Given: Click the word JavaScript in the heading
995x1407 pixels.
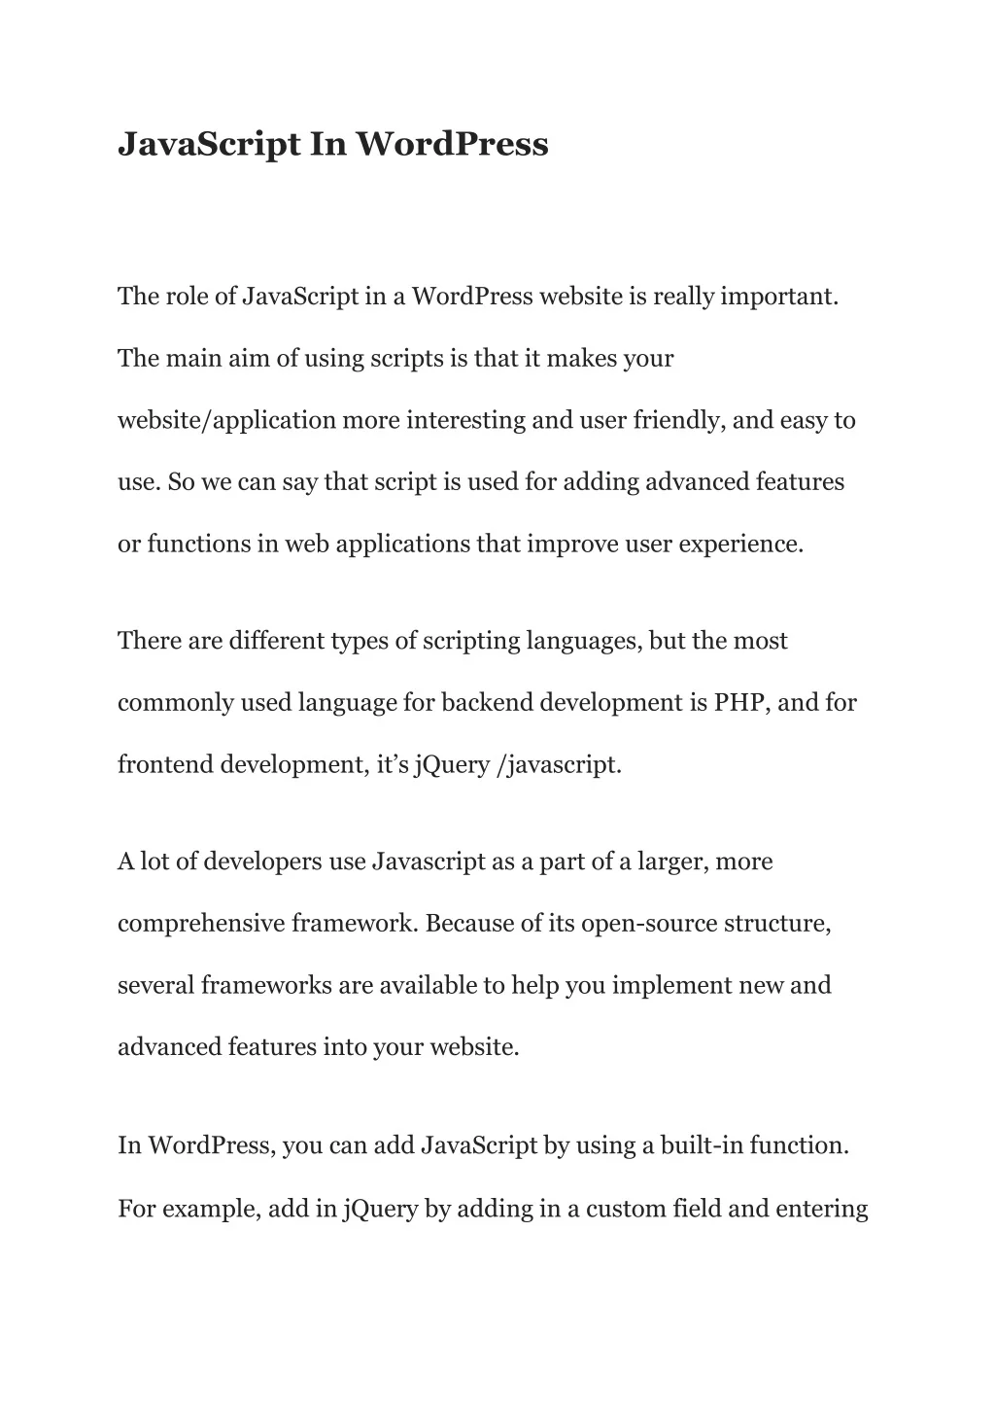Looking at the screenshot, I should (209, 144).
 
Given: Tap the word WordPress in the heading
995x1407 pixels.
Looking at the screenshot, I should (451, 144).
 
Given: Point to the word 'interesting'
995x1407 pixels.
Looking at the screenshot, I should (465, 420).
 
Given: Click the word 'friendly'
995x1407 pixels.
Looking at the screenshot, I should (679, 420).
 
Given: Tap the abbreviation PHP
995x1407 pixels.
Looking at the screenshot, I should (742, 702).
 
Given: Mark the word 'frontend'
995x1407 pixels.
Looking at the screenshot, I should (165, 764).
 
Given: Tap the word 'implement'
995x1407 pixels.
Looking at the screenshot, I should (658, 985).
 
